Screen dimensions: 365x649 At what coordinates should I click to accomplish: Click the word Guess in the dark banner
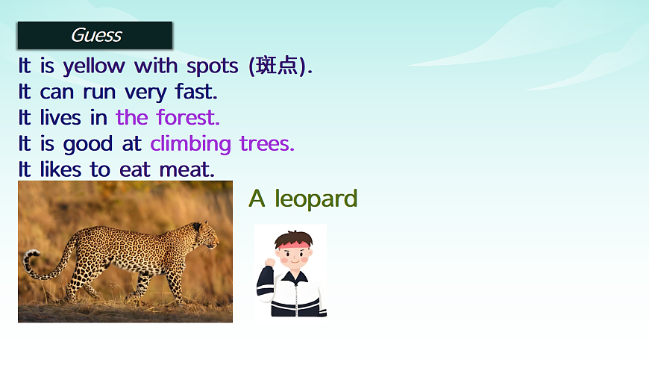(x=95, y=35)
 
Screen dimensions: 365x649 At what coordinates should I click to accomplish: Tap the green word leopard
(x=316, y=199)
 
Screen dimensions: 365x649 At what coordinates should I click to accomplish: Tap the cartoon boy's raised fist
(x=269, y=263)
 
